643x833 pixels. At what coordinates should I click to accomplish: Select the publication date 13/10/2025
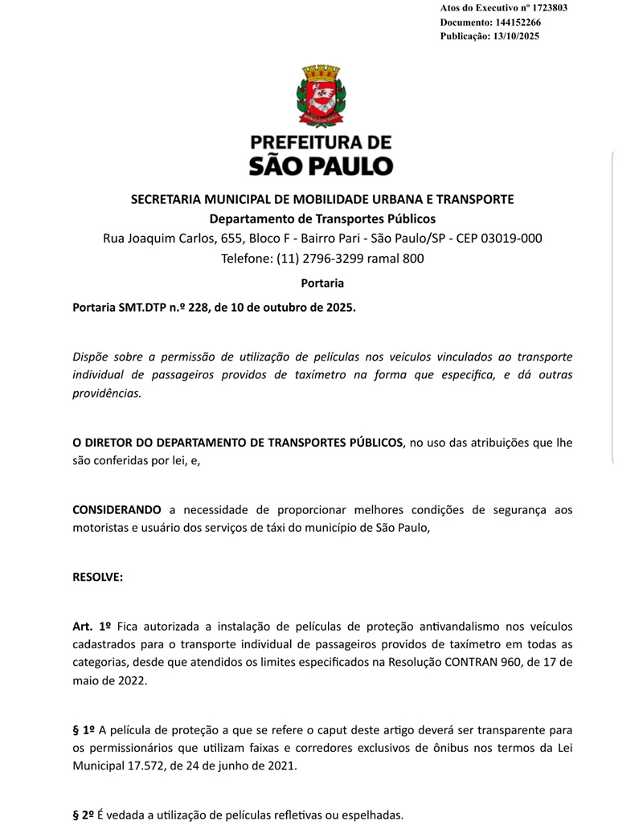(512, 37)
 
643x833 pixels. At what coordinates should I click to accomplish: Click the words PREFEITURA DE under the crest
(321, 143)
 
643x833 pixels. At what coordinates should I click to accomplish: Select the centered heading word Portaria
(321, 284)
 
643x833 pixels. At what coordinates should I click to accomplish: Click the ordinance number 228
(198, 307)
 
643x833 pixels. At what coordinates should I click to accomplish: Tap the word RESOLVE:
(97, 576)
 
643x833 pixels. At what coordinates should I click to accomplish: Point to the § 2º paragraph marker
(84, 815)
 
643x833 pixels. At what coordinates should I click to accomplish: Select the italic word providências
(107, 394)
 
